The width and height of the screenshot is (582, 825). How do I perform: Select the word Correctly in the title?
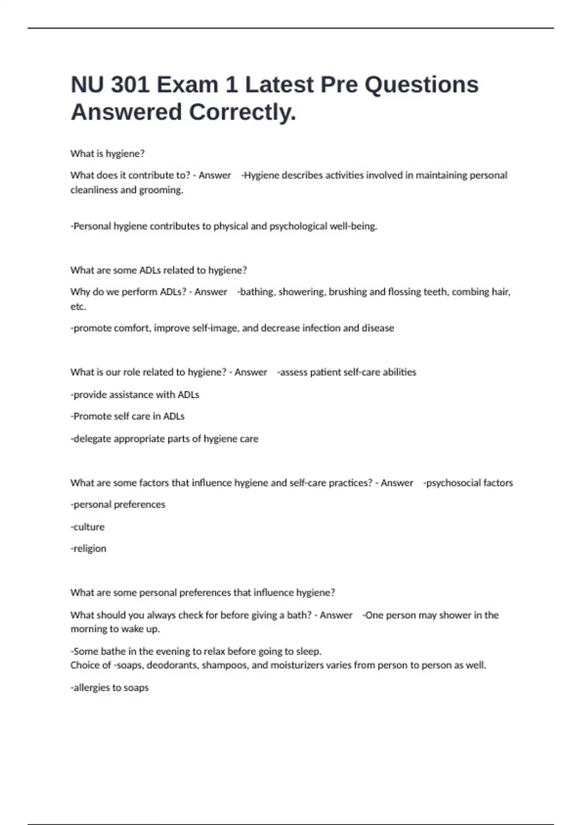[242, 112]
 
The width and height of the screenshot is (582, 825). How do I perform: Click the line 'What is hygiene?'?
[107, 154]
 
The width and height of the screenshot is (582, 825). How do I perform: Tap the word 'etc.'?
[78, 307]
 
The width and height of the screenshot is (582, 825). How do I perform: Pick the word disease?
[377, 329]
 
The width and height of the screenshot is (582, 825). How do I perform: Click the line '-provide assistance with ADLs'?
[135, 395]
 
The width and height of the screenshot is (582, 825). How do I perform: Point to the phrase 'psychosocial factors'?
[469, 483]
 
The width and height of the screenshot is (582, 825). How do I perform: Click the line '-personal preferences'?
[118, 505]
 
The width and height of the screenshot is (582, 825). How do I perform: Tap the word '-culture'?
[88, 527]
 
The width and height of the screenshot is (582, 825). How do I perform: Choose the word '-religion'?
[89, 549]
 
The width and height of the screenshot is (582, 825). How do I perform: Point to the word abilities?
[399, 373]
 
